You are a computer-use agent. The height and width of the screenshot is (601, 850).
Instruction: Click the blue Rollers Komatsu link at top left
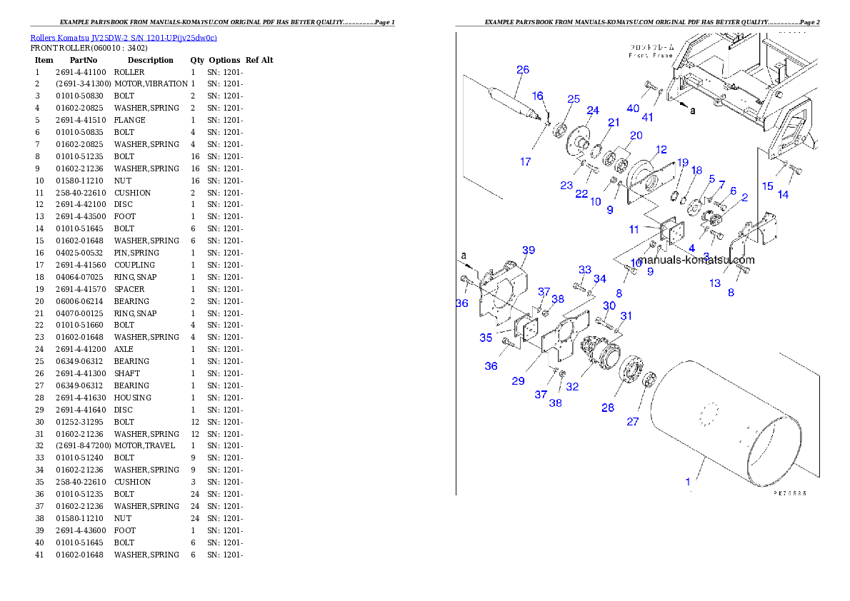pos(123,37)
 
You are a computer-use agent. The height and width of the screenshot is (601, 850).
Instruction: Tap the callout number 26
pos(523,70)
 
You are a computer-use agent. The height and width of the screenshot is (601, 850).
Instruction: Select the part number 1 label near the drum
pos(688,482)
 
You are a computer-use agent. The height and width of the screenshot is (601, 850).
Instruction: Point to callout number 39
pos(528,250)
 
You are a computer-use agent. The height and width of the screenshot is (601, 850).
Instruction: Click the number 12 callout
pos(661,149)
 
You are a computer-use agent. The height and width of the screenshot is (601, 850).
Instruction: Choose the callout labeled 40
pos(633,108)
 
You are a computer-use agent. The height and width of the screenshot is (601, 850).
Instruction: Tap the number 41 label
pos(647,117)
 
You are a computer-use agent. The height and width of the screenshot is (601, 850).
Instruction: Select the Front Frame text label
pos(650,51)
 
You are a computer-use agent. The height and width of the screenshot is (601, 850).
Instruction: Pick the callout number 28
pos(607,408)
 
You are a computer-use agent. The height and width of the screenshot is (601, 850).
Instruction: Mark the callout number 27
pos(633,422)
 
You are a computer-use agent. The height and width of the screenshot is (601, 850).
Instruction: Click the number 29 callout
pos(518,381)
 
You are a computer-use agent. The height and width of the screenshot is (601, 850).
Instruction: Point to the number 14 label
pos(783,195)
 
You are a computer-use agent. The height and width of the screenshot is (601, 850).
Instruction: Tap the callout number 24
pos(593,110)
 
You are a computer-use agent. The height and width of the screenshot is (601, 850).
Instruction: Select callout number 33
pos(585,270)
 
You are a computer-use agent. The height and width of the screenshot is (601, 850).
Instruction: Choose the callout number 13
pos(715,283)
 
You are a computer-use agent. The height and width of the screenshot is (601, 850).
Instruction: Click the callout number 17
pos(525,162)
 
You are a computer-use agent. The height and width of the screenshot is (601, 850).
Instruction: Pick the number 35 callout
pos(486,338)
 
